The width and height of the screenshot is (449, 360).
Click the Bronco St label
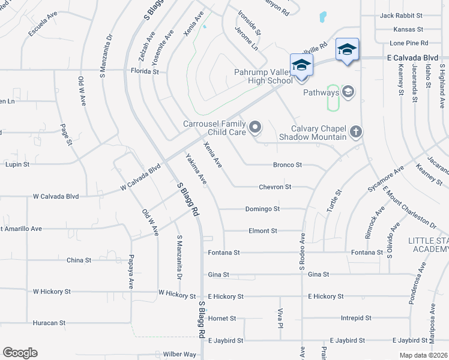[x=287, y=165]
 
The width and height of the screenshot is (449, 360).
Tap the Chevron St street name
[x=275, y=187]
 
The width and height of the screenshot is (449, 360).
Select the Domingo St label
[x=263, y=209]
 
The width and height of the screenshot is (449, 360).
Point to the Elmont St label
[x=263, y=230]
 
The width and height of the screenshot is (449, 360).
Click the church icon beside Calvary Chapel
[x=355, y=131]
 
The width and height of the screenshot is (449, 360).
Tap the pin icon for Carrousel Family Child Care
[x=256, y=127]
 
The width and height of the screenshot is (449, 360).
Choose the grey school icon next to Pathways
[x=348, y=92]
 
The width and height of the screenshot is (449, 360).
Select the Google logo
[x=20, y=353]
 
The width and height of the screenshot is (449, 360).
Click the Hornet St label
[x=222, y=318]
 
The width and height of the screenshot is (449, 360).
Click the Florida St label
[x=145, y=71]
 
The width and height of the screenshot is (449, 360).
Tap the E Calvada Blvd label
[x=412, y=58]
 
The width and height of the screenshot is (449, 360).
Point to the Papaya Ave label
[x=130, y=272]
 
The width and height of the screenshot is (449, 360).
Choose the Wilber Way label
[x=179, y=354]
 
